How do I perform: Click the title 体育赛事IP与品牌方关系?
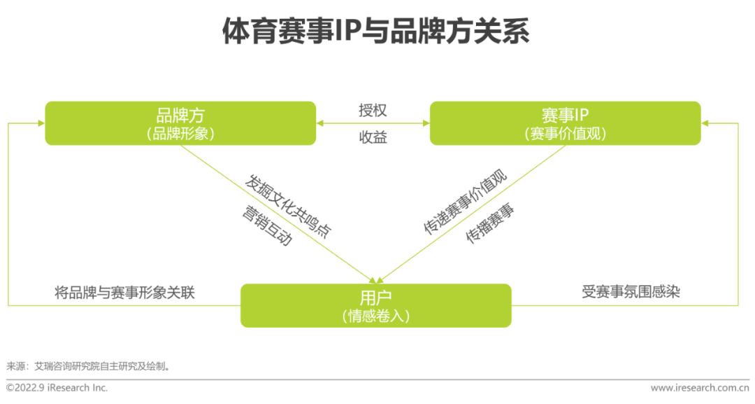(x=377, y=32)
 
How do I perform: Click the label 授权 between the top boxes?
(x=373, y=111)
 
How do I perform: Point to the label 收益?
(x=373, y=137)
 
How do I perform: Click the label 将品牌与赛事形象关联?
(x=124, y=292)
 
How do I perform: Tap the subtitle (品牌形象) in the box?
(x=180, y=134)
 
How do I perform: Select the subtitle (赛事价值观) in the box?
(x=565, y=134)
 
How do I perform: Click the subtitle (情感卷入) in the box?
(x=376, y=316)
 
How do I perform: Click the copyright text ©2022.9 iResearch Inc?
(x=57, y=387)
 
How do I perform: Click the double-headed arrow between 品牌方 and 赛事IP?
(x=373, y=124)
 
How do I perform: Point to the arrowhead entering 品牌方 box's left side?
(x=40, y=124)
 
